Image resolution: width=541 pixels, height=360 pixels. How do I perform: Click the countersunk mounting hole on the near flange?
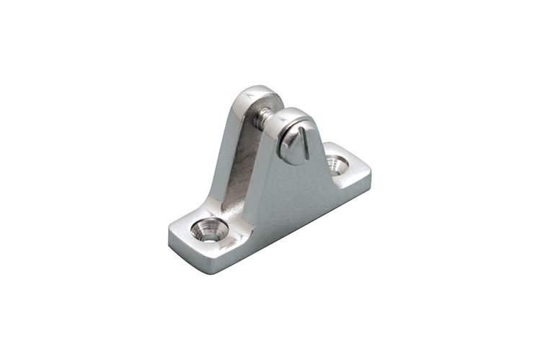click(x=209, y=229)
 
